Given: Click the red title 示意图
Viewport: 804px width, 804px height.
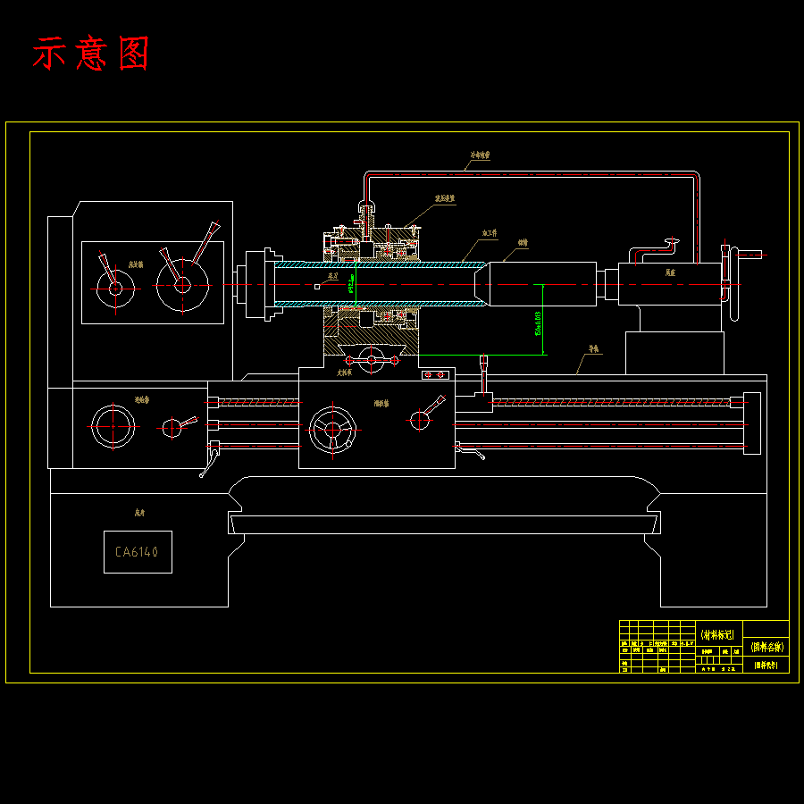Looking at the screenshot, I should tap(90, 54).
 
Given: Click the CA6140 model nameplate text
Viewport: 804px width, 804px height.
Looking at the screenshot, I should tap(137, 552).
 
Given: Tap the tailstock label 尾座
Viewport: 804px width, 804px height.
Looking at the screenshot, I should tap(670, 272).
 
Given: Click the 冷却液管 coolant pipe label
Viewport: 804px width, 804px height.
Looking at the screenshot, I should tap(481, 155).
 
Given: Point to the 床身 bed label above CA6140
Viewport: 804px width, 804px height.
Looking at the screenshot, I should tap(138, 514).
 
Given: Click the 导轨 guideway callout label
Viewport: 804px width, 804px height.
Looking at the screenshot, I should tap(593, 349).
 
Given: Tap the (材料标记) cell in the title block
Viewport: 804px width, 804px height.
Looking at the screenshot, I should tap(717, 635).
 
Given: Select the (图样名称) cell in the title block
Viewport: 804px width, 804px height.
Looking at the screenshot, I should tap(766, 646).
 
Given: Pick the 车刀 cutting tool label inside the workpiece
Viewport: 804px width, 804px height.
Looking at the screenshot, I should tap(333, 277).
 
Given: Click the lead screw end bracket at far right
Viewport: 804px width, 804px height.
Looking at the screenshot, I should tap(751, 423).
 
